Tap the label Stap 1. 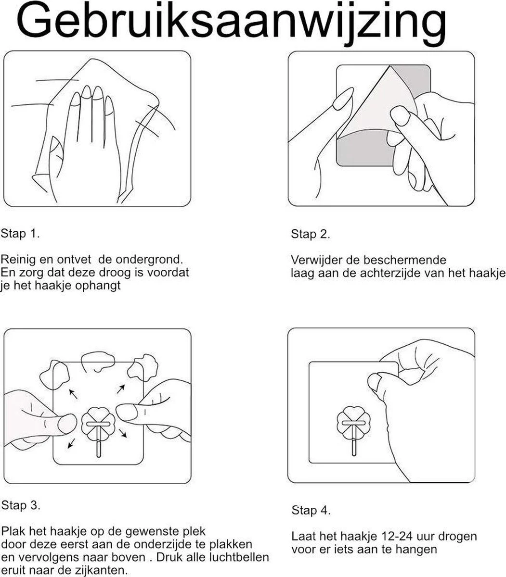coord(20,234)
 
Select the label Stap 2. coord(311,234)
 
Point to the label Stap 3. coord(21,505)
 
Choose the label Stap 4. coord(311,510)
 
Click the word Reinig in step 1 coord(16,260)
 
